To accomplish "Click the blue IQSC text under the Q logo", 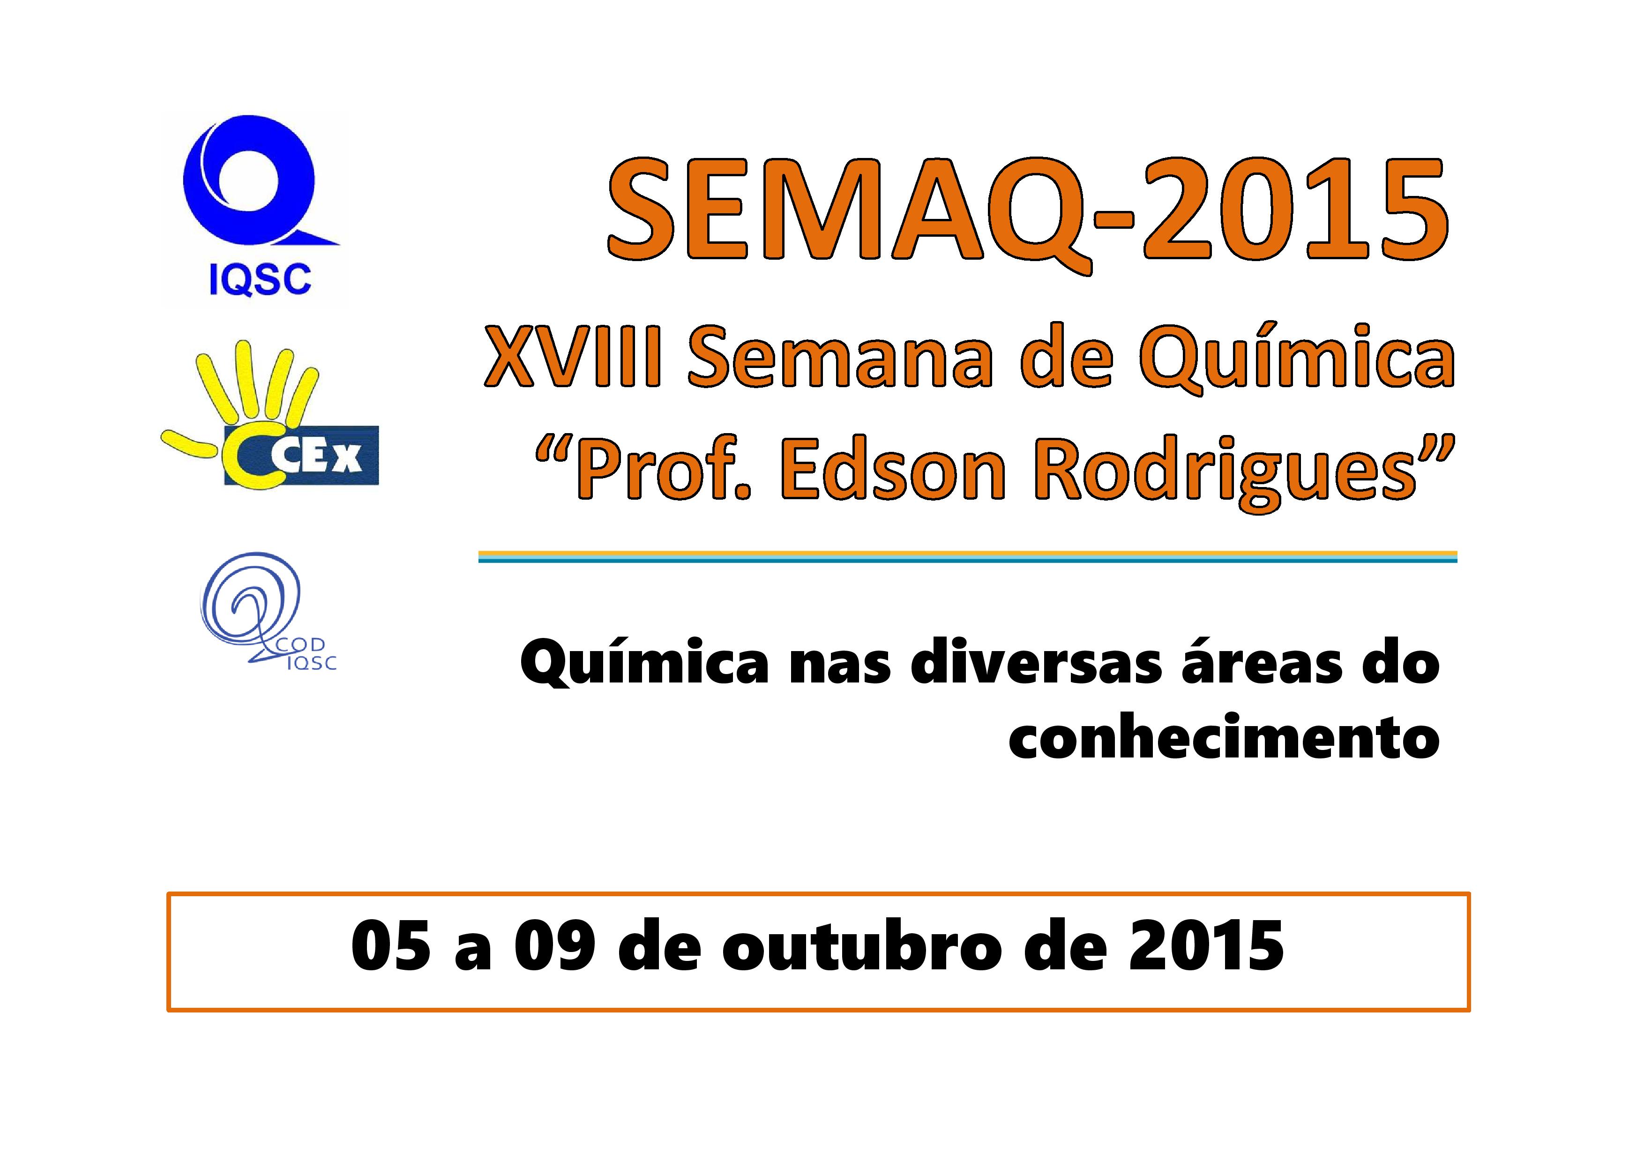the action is (x=260, y=279).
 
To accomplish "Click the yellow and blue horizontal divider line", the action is (x=967, y=556).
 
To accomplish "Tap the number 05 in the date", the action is (x=391, y=946).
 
